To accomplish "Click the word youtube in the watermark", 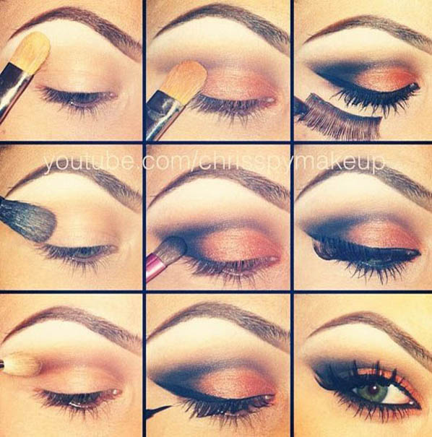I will point(76,163).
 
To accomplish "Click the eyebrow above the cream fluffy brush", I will point(72,318).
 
